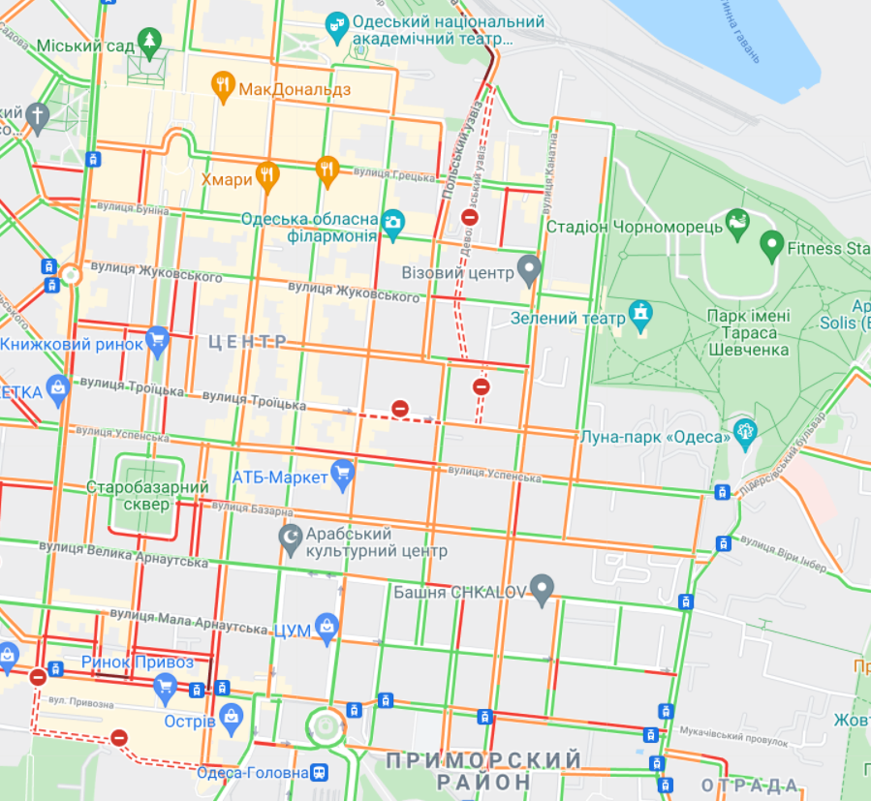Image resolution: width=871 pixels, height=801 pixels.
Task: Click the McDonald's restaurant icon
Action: point(223,88)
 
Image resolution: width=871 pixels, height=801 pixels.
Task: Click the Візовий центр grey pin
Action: point(528,268)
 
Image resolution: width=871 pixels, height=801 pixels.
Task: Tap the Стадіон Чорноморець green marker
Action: point(737,223)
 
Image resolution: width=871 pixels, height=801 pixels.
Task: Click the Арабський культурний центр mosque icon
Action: point(290,539)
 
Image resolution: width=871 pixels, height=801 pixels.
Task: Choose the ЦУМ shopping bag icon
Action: point(327,628)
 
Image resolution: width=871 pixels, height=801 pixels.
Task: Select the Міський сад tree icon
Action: point(149,41)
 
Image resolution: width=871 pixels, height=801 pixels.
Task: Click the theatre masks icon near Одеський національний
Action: point(336,25)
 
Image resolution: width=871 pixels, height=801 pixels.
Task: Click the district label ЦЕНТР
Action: point(248,341)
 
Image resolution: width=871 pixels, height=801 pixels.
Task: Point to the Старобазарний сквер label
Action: point(148,495)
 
